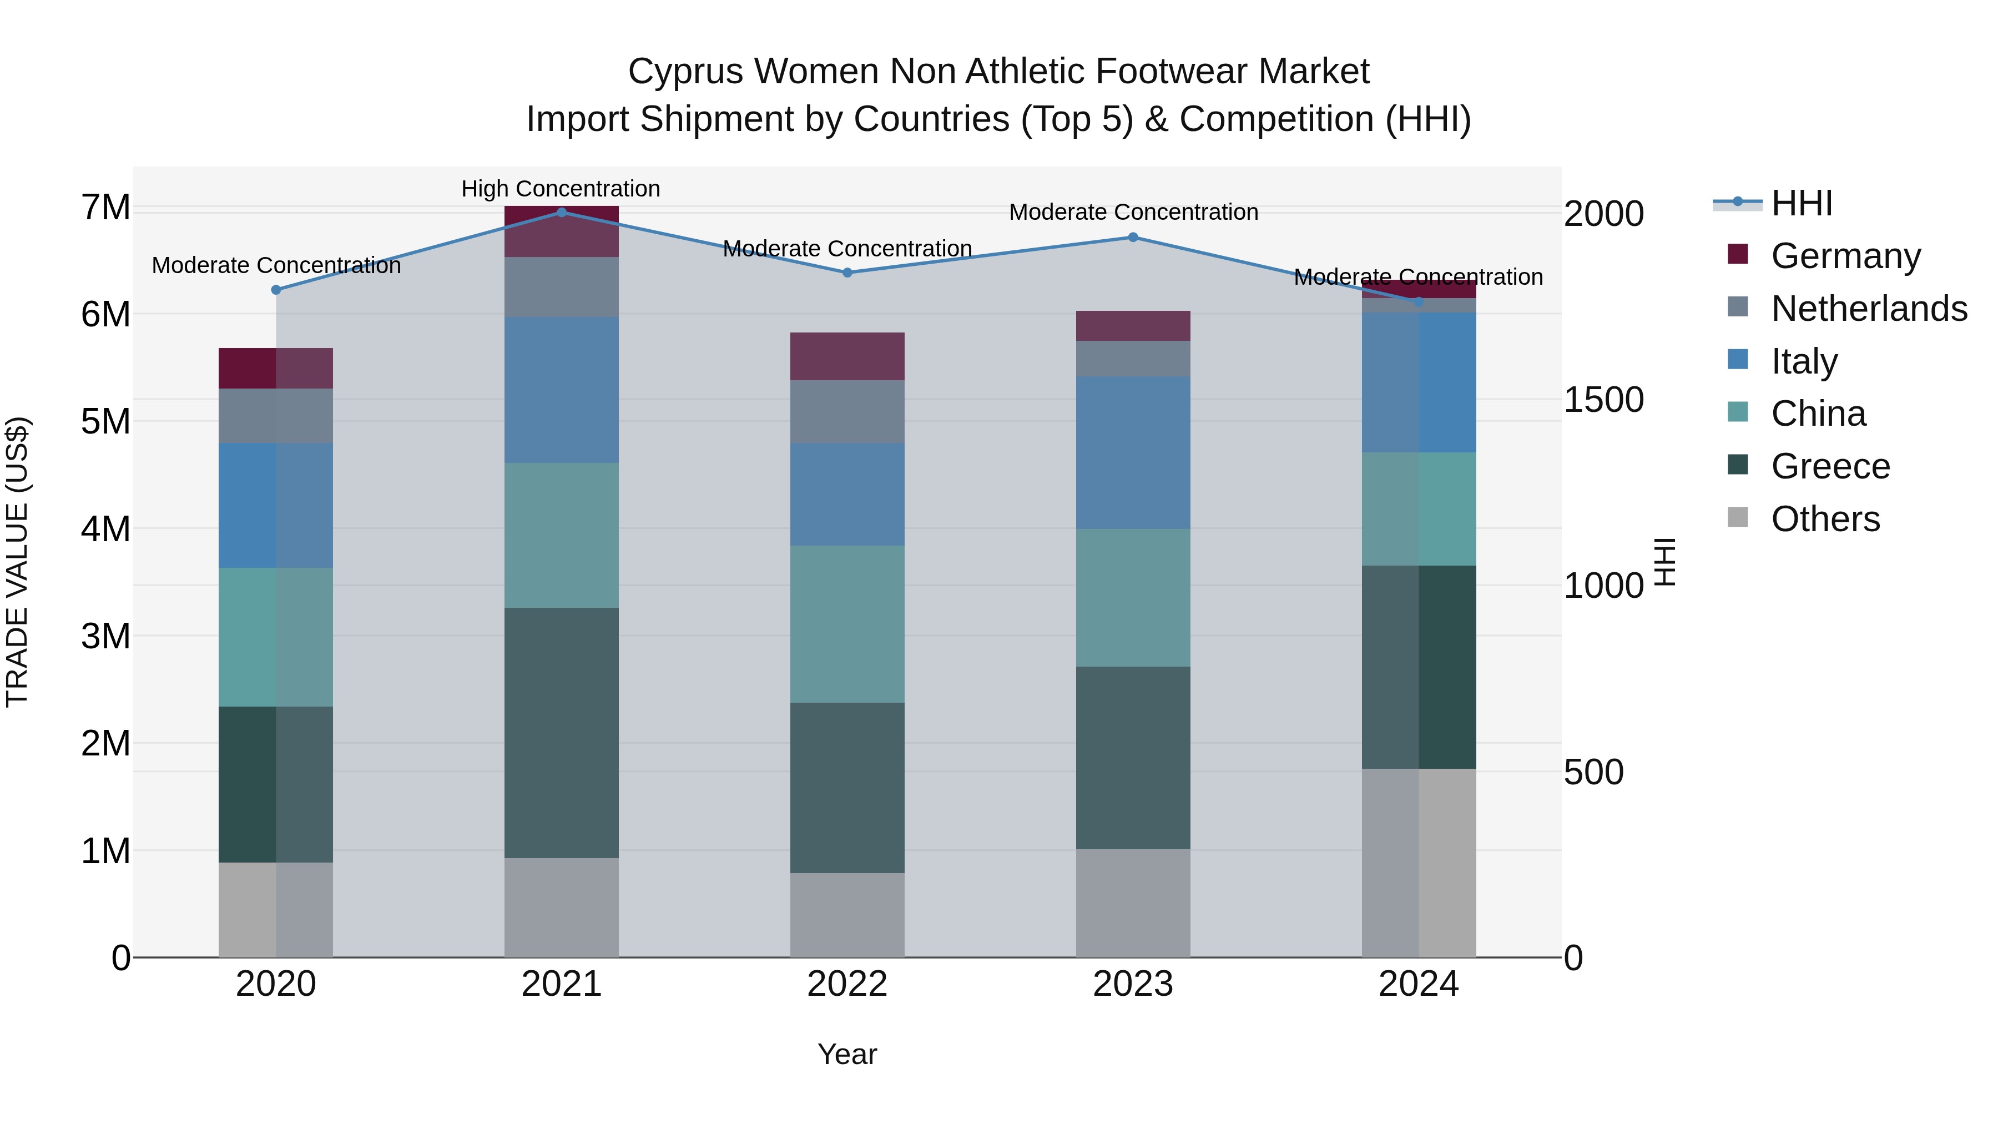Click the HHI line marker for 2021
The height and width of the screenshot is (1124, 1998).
(x=562, y=212)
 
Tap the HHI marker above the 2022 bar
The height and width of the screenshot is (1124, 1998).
(x=847, y=273)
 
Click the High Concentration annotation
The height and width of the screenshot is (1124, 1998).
(x=561, y=189)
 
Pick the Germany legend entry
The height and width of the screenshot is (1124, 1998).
(x=1845, y=255)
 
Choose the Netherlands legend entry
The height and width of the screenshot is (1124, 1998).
(x=1869, y=308)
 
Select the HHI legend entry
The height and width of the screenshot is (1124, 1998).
(x=1801, y=203)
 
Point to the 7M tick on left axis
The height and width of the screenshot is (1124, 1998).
(x=105, y=207)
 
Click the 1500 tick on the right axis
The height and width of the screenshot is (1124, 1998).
(x=1603, y=400)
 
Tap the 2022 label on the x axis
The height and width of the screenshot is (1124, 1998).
(x=847, y=984)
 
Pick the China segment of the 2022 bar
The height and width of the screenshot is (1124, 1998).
(x=847, y=624)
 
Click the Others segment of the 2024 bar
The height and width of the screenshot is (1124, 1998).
(x=1419, y=863)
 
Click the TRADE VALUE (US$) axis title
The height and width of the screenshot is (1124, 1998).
(x=17, y=562)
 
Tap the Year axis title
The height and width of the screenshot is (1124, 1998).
(x=847, y=1054)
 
